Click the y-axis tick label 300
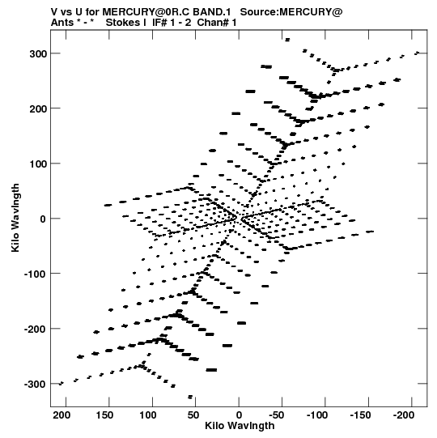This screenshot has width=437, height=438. pos(38,54)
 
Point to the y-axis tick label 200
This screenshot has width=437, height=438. pos(38,108)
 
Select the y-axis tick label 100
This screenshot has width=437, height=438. pos(38,164)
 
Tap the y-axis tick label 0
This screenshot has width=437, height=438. pos(43,219)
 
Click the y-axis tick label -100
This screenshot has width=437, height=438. pos(36,274)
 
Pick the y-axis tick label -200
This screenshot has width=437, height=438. pos(36,329)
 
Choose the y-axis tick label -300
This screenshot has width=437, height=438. pos(36,385)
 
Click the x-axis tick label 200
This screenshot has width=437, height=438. pos(62,415)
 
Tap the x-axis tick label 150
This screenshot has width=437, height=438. pos(104,415)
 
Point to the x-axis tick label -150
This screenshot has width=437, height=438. pos(360,415)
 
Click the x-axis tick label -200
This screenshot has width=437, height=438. pos(404,415)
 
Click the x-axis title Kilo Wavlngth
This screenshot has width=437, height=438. pos(240,426)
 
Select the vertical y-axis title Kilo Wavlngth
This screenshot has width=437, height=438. pos(15,218)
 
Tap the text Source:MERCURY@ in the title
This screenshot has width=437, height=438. pos(291,12)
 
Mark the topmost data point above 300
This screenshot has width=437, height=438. pos(287,40)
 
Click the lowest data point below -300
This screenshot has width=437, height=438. pos(190,397)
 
